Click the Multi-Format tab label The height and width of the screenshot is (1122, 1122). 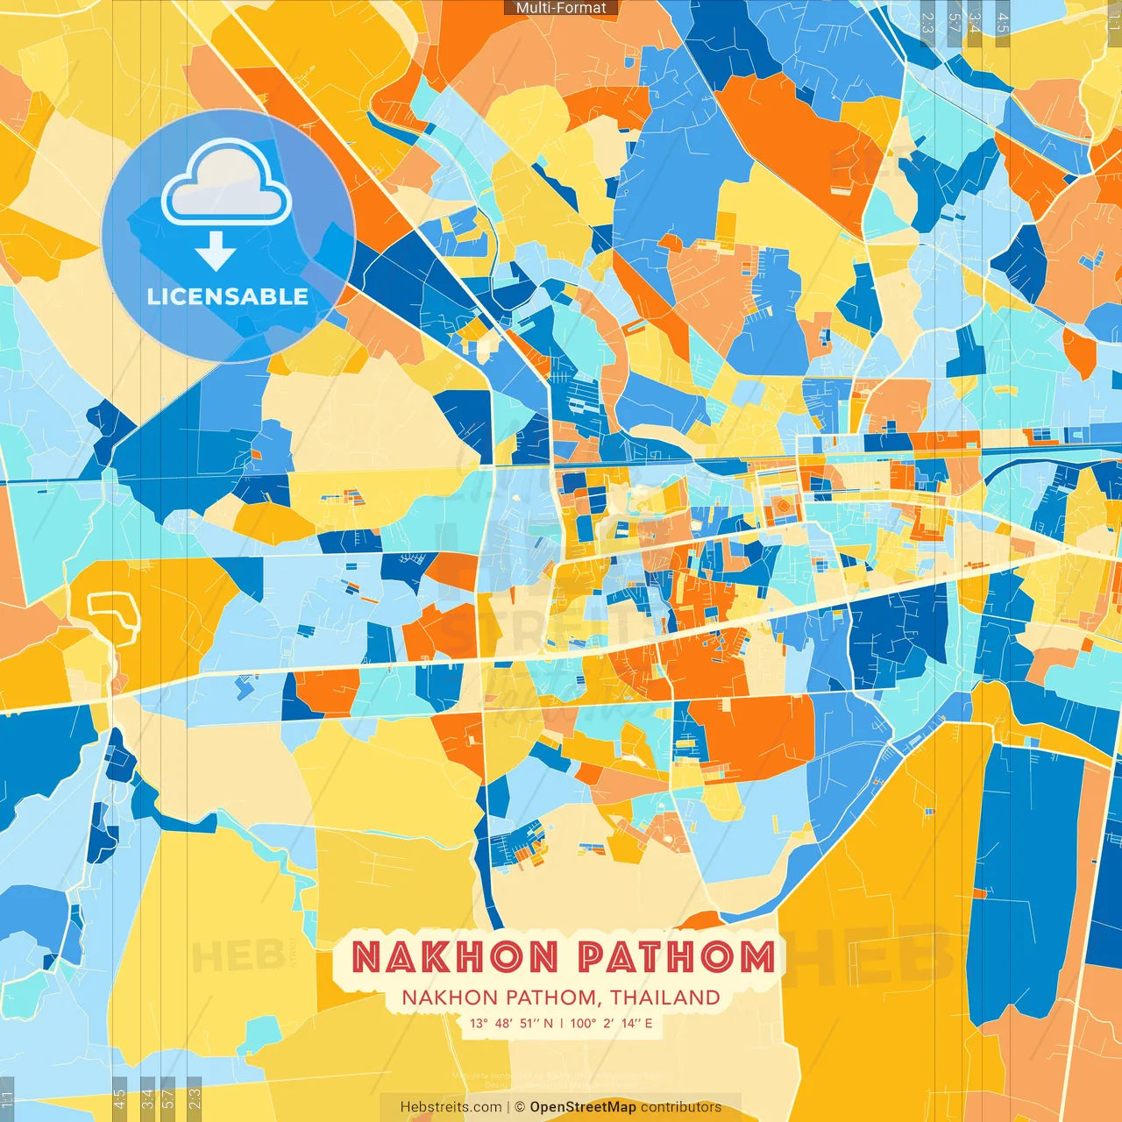point(561,8)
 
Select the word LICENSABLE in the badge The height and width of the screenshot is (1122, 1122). point(228,296)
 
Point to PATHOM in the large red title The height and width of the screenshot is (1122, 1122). point(677,956)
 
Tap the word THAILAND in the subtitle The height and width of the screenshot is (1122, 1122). point(665,998)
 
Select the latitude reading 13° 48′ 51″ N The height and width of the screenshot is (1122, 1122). point(511,1023)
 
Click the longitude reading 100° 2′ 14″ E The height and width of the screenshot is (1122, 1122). point(611,1023)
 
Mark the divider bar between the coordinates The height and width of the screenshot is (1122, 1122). point(561,1023)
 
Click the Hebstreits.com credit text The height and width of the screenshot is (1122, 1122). point(451,1107)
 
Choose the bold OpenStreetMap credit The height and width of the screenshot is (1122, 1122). point(583,1107)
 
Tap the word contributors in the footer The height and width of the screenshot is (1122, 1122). point(681,1107)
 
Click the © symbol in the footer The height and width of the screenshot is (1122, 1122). point(519,1107)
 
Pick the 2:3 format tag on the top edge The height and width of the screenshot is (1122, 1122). point(927,23)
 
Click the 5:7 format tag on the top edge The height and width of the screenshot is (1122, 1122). point(953,23)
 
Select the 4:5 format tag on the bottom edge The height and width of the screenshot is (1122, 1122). point(119,1099)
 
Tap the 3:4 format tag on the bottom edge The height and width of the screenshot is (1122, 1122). point(147,1099)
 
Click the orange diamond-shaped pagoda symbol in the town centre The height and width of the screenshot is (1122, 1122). point(779,506)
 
